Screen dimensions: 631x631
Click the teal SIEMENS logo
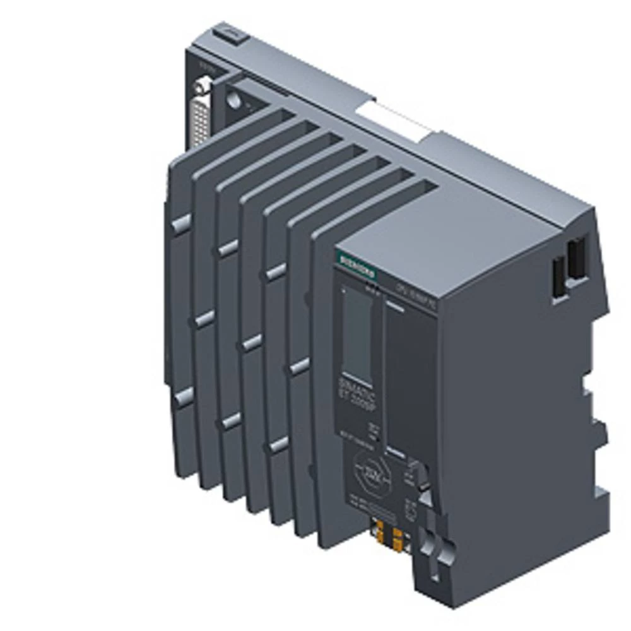357,266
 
